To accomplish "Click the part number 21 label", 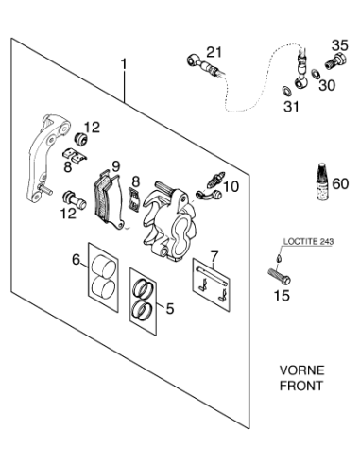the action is (x=214, y=52).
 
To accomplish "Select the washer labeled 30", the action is (x=315, y=74).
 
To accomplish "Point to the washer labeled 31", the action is (x=285, y=91).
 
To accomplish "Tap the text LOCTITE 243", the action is (x=308, y=242).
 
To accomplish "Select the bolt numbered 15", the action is (x=279, y=275).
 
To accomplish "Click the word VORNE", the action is (x=301, y=370).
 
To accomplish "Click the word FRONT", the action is (x=301, y=386).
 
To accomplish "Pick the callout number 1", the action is (x=125, y=64).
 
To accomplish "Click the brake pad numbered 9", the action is (x=109, y=199).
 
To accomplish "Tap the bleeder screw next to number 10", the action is (x=215, y=179).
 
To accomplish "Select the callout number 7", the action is (x=214, y=257).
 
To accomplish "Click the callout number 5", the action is (x=170, y=308).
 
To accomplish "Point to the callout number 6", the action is (x=77, y=260).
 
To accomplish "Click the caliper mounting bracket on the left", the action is (x=46, y=159).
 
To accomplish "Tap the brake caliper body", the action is (x=169, y=221).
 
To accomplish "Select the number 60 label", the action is (x=340, y=183).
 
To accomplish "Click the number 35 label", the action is (x=340, y=45).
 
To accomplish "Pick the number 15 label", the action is (x=282, y=296).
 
